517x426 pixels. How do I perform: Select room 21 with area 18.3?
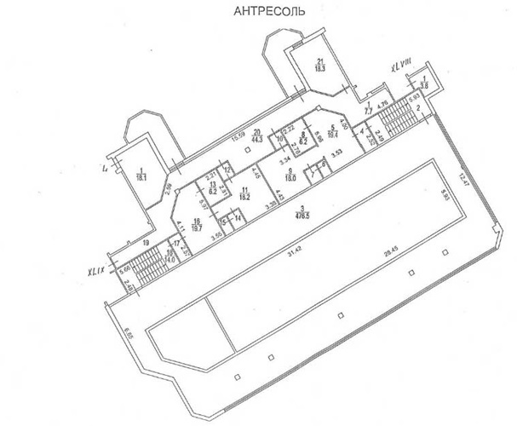point(320,66)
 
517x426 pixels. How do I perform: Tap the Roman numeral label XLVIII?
point(401,66)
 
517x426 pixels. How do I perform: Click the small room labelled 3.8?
point(423,83)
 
